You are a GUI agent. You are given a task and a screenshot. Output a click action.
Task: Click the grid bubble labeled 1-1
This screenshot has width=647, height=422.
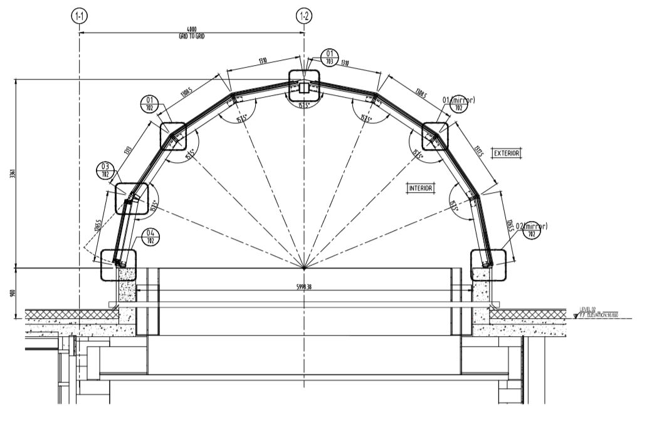(79, 16)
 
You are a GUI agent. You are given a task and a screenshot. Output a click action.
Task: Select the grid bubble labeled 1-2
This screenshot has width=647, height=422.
(303, 16)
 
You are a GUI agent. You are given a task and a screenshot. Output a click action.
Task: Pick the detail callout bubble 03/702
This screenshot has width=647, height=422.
(105, 170)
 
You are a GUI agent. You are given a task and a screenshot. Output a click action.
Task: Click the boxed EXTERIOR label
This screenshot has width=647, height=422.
(507, 153)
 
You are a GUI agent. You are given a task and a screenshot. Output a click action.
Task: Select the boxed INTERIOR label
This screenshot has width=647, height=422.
(421, 188)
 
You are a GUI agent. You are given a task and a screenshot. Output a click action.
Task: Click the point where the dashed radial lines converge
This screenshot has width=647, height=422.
(304, 269)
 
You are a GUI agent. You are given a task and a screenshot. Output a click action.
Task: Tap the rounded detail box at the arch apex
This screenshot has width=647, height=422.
(304, 85)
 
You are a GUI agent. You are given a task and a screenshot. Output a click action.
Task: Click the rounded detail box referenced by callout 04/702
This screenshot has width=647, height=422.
(118, 264)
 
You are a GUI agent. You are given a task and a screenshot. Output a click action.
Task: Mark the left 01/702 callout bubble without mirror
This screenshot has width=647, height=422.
(150, 104)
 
